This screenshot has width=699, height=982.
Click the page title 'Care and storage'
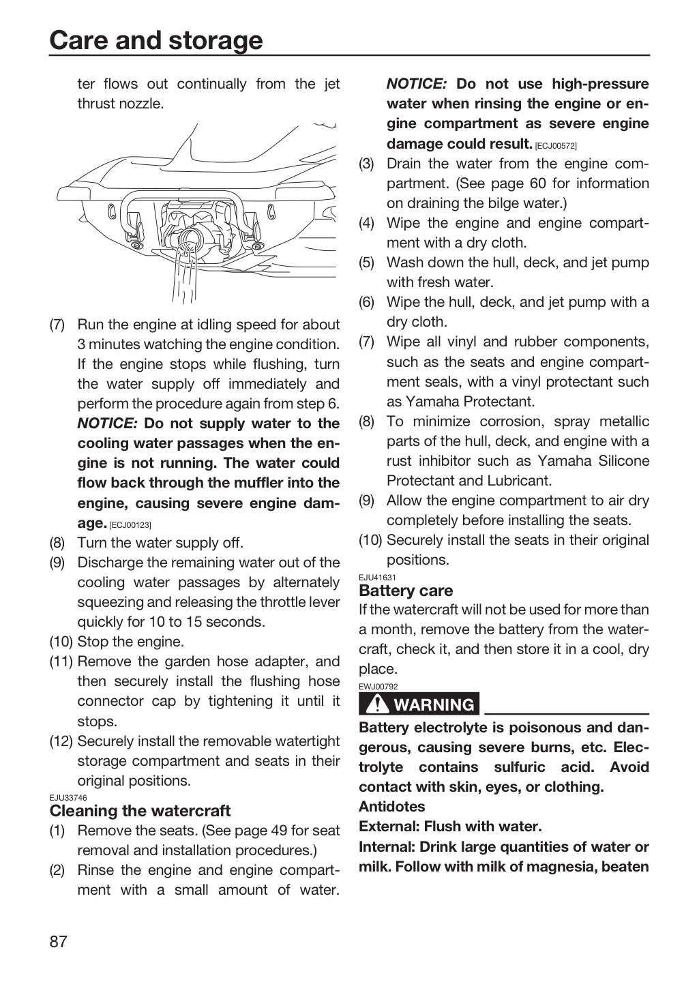[x=156, y=40]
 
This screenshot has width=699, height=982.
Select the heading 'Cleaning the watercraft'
[x=140, y=811]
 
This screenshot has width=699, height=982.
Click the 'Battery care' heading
[x=406, y=591]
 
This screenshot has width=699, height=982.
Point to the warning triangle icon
[x=375, y=704]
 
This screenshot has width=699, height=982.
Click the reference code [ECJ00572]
[x=556, y=145]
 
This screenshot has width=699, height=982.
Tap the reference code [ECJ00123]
[x=130, y=525]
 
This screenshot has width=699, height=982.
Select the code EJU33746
[x=68, y=798]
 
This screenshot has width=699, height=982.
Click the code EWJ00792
[x=378, y=687]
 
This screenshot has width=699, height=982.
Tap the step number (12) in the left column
[x=61, y=741]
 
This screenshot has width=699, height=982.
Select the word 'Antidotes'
[x=391, y=807]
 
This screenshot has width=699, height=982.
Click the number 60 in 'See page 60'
[x=537, y=183]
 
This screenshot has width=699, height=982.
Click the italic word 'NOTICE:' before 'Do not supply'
[x=108, y=423]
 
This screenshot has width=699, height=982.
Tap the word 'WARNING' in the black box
[x=434, y=705]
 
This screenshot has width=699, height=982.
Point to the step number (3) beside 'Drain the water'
[x=367, y=164]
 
